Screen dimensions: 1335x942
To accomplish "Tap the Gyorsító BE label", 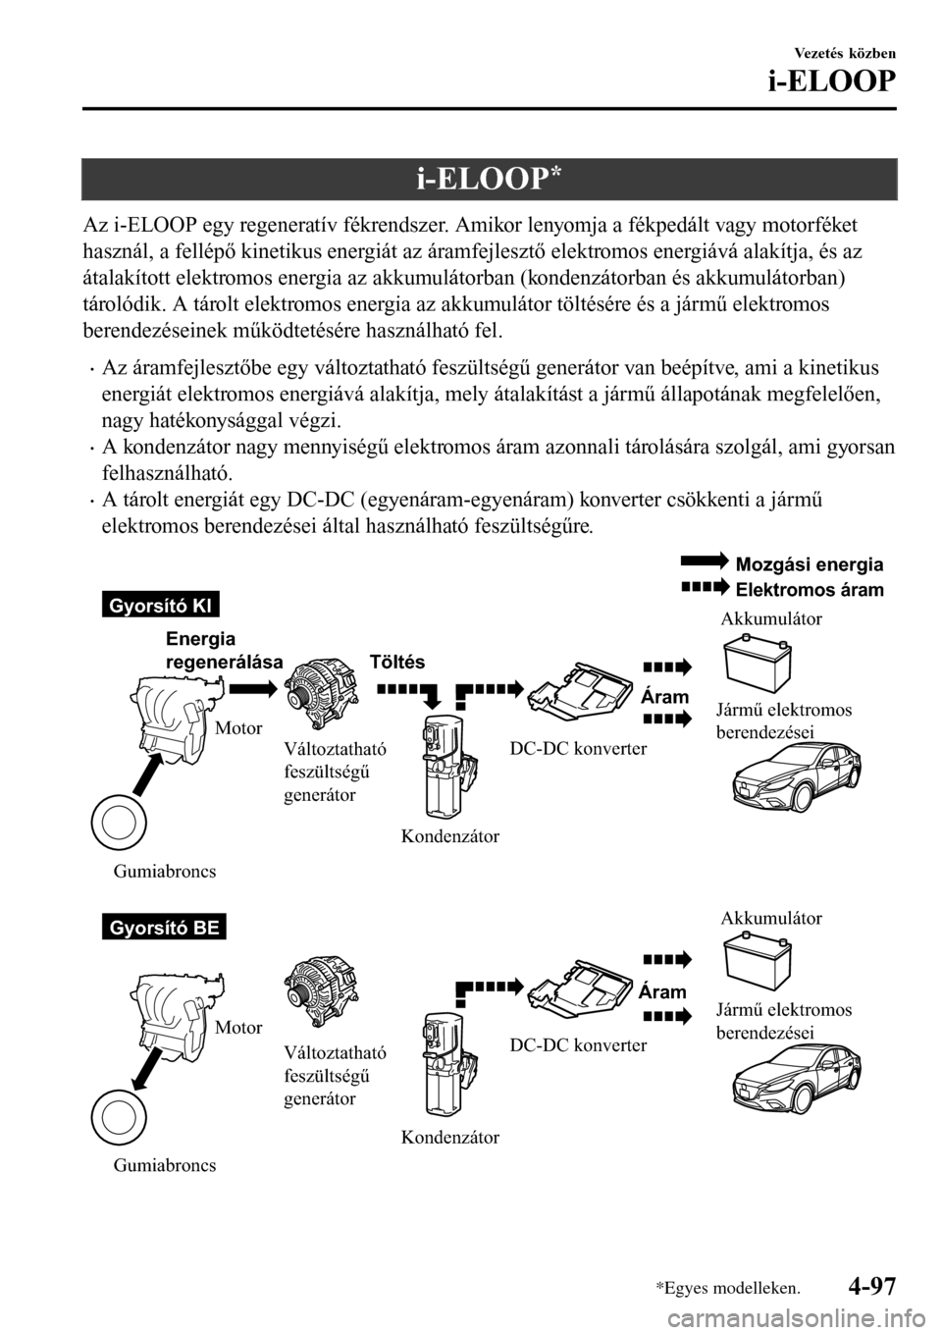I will (162, 927).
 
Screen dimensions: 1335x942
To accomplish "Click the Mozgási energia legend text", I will (809, 564).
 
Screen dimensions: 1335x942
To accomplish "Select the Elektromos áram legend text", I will (809, 590).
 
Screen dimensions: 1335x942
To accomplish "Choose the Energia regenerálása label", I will (220, 651).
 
